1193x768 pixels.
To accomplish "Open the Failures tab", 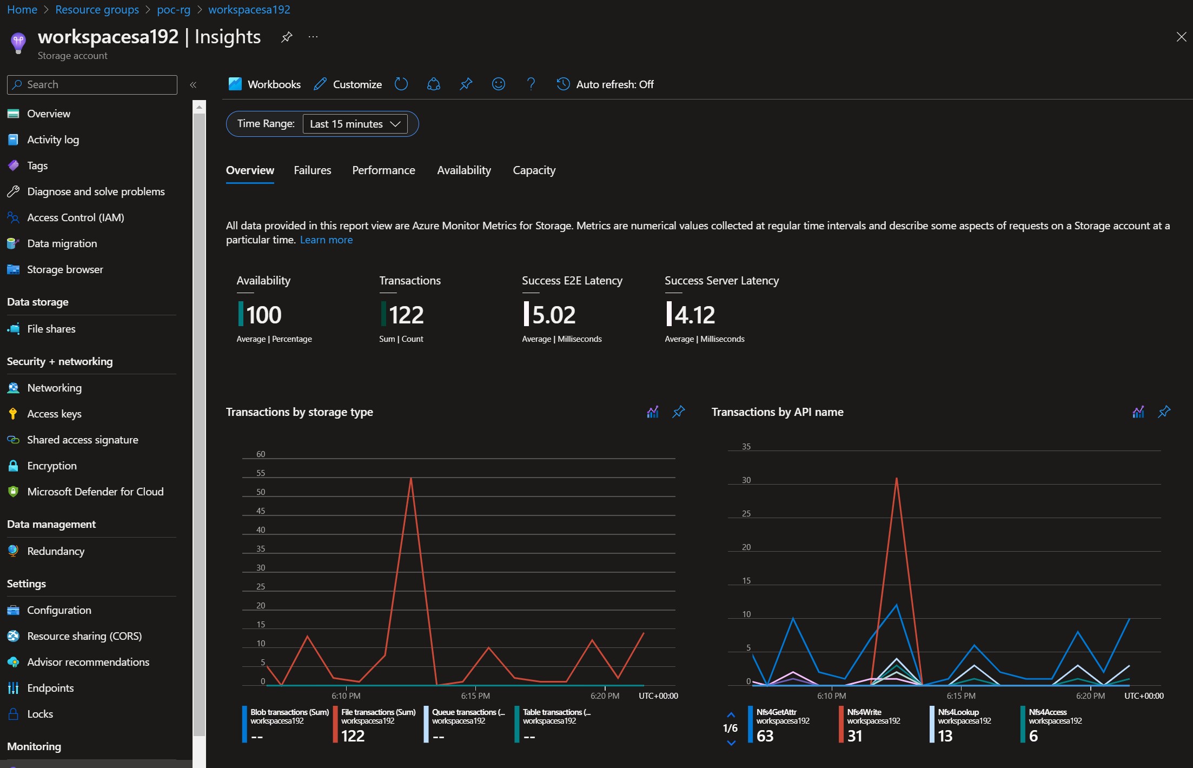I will click(x=312, y=170).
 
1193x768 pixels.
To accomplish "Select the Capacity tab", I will click(x=534, y=170).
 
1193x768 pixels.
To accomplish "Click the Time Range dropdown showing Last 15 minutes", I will click(x=355, y=124).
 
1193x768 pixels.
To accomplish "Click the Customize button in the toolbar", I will click(x=348, y=84).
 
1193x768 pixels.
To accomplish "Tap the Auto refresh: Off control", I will click(x=605, y=84).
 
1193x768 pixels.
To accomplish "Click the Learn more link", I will click(x=326, y=240).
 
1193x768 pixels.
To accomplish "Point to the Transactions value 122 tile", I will click(x=406, y=315).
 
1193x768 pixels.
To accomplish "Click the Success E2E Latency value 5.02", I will click(x=553, y=315).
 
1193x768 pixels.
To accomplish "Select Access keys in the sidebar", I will click(x=54, y=414).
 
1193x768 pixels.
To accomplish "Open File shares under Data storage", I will click(x=51, y=329).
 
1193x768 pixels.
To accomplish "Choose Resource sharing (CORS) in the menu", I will click(x=84, y=636).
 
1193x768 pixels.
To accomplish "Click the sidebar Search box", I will click(x=92, y=84).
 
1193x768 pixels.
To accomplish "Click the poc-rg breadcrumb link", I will click(x=174, y=10).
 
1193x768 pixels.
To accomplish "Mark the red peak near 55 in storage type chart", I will click(x=411, y=478).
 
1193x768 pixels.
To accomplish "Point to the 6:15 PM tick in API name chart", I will click(x=961, y=696).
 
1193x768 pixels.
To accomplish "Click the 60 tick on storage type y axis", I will click(x=261, y=454).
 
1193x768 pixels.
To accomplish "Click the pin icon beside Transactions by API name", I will click(x=1164, y=412).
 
